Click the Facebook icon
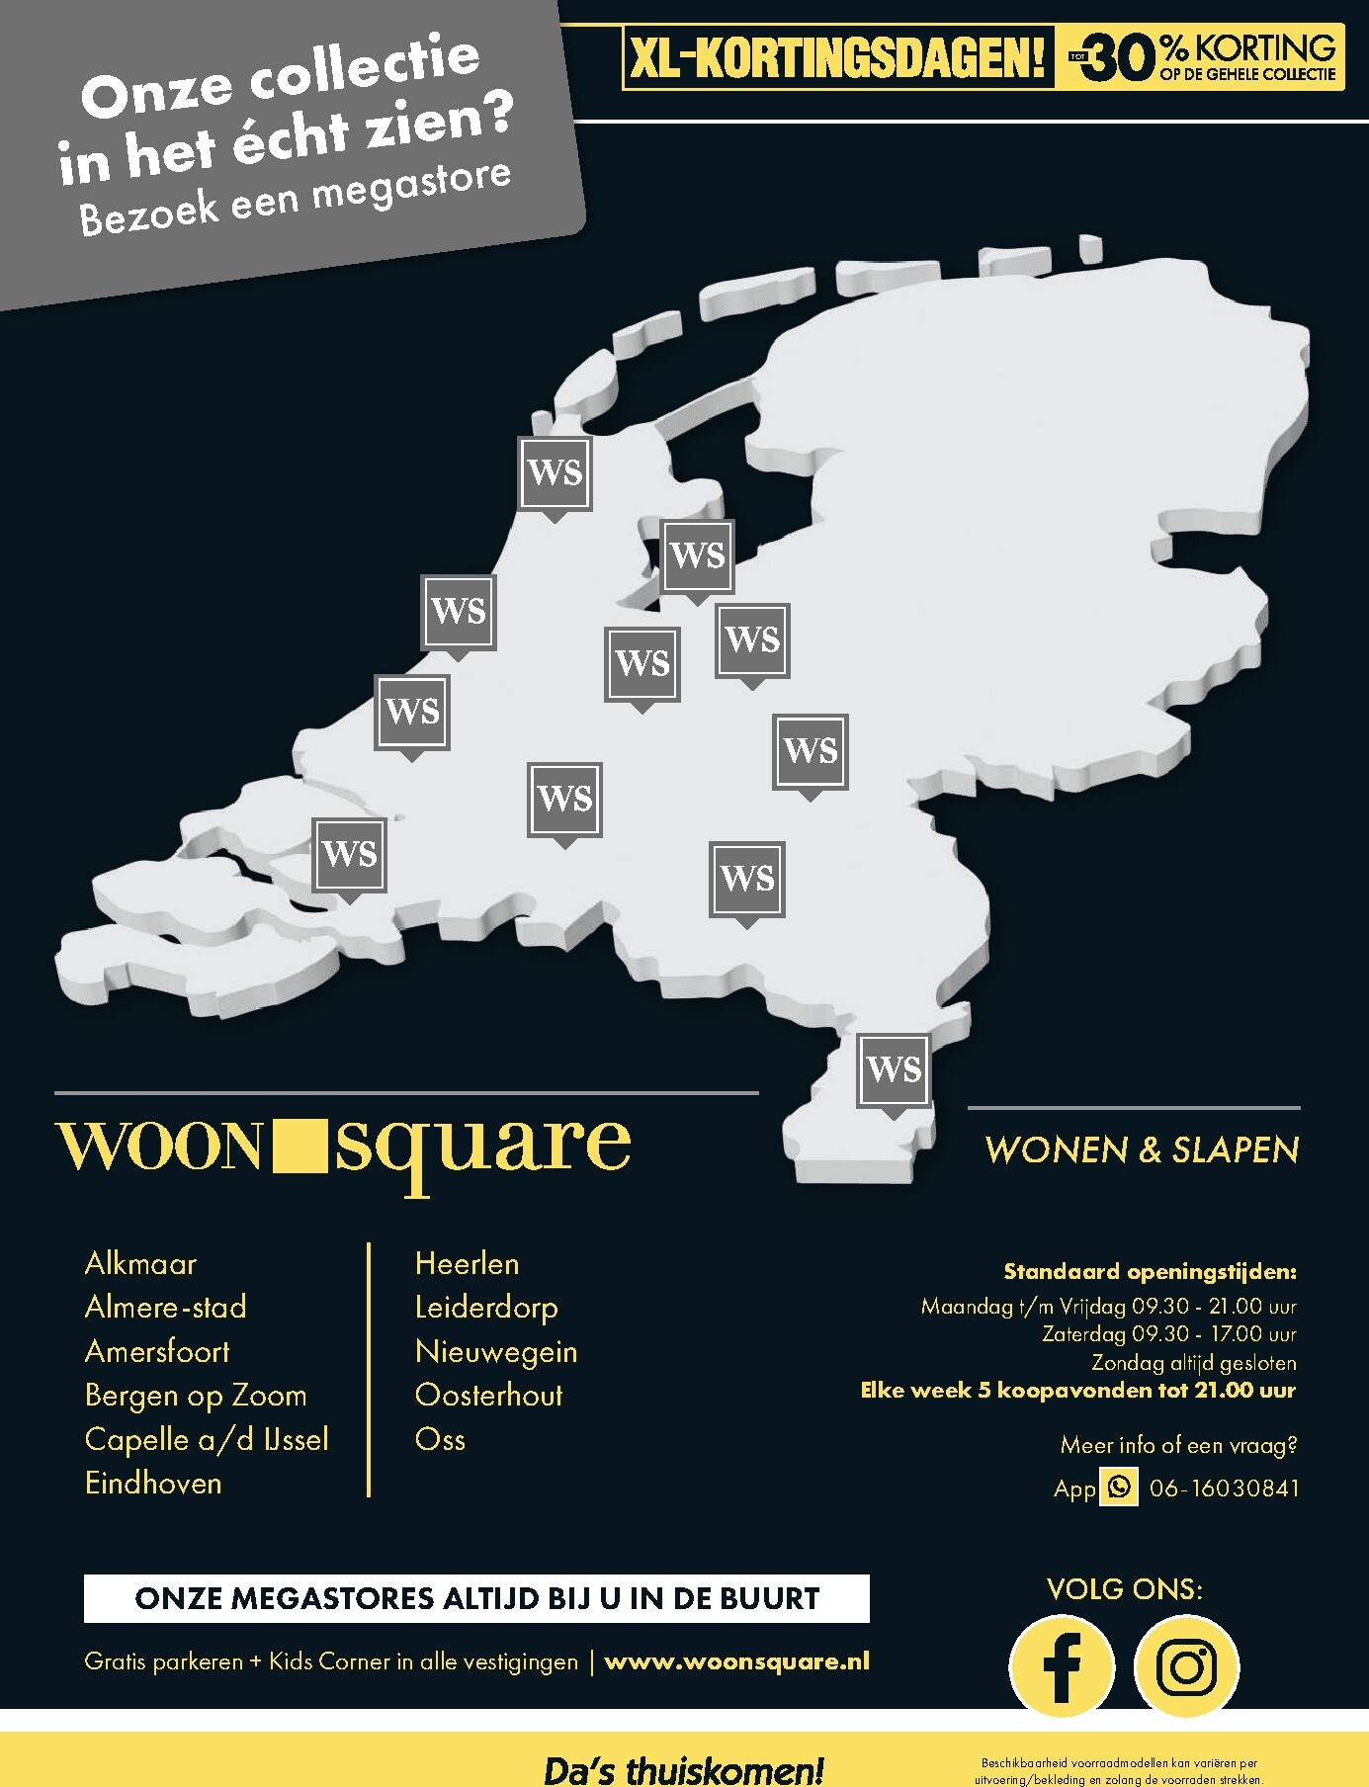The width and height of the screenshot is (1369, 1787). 1062,1666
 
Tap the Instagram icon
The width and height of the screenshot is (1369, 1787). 1186,1666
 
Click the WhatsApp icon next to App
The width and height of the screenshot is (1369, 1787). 1119,1487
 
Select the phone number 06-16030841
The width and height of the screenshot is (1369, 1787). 1224,1488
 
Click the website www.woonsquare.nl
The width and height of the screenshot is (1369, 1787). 736,1661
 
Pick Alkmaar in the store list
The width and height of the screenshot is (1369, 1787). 140,1263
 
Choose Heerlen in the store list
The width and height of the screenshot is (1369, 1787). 467,1263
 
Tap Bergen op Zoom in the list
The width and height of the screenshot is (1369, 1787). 196,1395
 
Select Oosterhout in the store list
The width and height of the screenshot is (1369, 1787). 488,1395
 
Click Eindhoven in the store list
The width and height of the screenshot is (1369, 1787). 153,1483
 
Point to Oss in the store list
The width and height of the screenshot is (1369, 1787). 440,1439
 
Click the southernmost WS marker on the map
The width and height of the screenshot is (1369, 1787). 894,1069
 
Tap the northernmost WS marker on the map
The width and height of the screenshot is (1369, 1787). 556,472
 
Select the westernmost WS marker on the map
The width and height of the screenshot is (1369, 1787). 349,853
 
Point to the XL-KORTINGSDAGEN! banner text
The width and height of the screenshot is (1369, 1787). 837,59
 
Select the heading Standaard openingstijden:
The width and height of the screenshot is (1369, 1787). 1150,1271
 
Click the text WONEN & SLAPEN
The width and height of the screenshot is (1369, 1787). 1142,1149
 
